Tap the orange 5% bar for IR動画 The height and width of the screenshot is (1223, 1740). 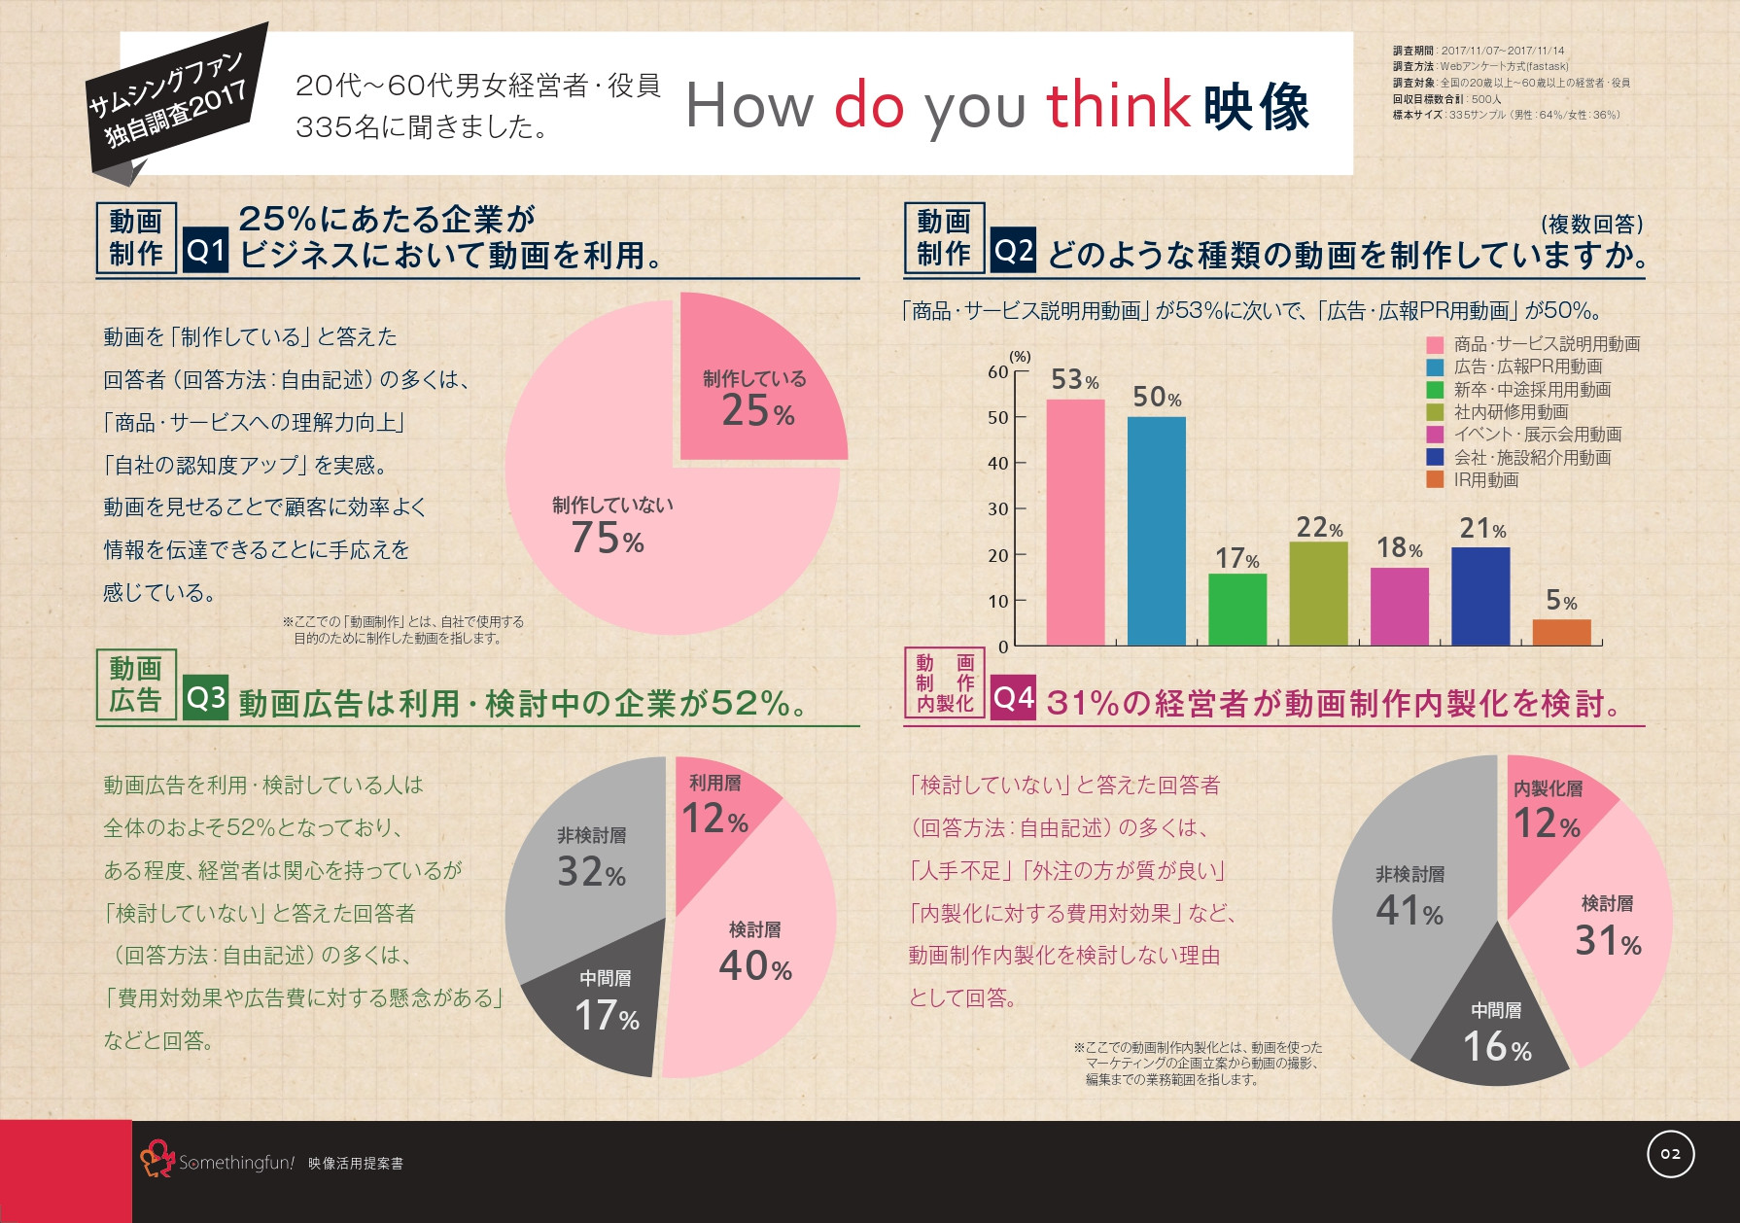click(x=1561, y=632)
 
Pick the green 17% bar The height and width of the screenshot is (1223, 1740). click(x=1237, y=610)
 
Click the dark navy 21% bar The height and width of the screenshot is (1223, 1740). click(x=1480, y=596)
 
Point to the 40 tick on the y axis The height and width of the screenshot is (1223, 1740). click(x=998, y=464)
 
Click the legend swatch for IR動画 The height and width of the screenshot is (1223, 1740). click(x=1435, y=480)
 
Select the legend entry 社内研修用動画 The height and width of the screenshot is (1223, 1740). click(x=1511, y=412)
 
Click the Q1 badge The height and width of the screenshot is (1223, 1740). click(x=206, y=251)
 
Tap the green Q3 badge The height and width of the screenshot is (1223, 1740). click(x=205, y=698)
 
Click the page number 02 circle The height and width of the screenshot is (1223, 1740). click(x=1670, y=1154)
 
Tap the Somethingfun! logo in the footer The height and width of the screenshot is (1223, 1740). click(x=218, y=1161)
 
